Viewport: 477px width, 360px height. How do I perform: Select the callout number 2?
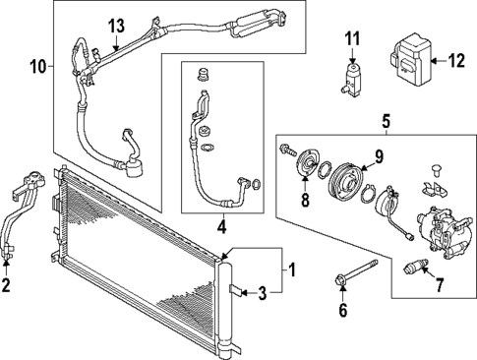click(7, 287)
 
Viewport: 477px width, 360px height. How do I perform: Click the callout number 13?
click(117, 24)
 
